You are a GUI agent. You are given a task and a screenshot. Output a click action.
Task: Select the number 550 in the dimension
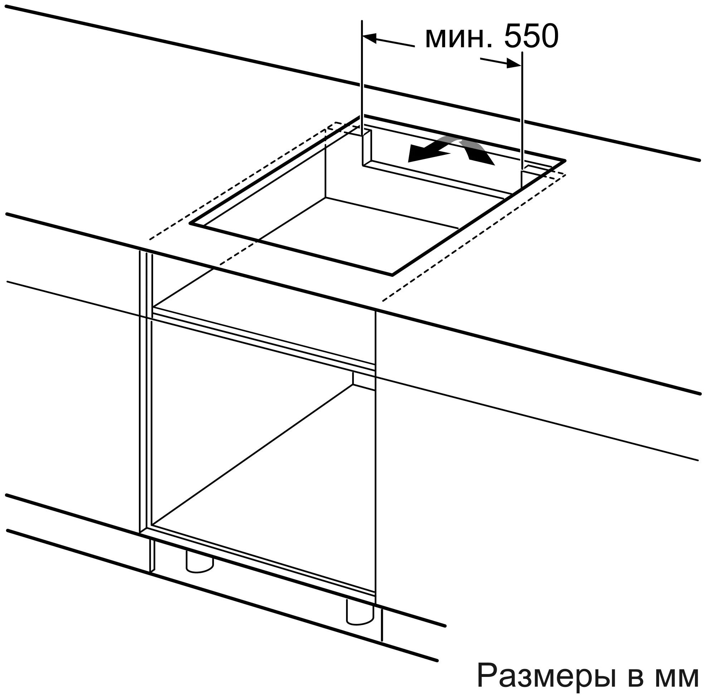pos(531,36)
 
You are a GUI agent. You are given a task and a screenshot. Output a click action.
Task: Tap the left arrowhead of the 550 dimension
pos(369,38)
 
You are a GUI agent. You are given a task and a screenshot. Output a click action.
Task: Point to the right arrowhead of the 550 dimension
pos(514,64)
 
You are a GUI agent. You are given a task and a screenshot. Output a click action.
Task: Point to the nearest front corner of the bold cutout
pos(393,274)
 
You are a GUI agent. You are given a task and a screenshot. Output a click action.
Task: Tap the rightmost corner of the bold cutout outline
pos(565,161)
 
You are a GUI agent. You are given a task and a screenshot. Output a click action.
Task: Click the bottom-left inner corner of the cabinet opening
pos(152,526)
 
